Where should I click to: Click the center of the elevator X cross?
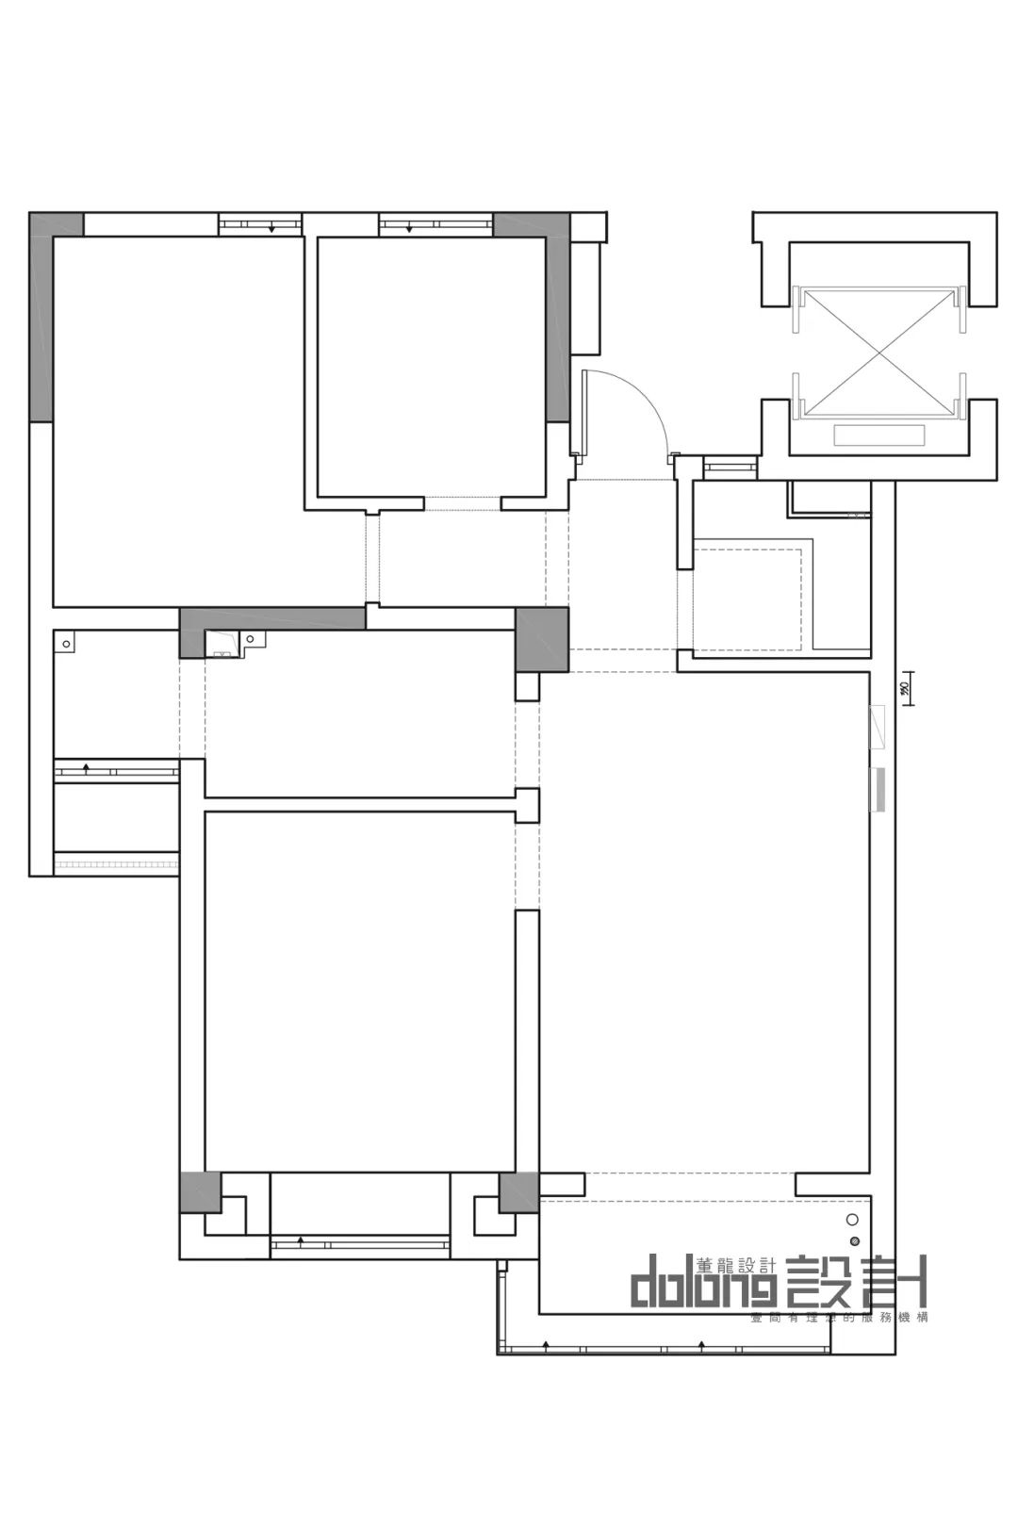879,352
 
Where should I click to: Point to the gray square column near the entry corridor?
542,639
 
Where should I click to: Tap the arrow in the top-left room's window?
271,228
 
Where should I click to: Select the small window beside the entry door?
731,466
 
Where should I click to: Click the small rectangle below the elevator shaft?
878,435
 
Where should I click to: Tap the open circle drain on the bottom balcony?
854,1220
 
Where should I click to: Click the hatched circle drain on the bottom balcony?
855,1240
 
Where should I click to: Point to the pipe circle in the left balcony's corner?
66,644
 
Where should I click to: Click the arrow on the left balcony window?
87,768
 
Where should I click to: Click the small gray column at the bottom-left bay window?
199,1191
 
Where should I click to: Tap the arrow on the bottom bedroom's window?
301,1241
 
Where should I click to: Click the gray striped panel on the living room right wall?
878,790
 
